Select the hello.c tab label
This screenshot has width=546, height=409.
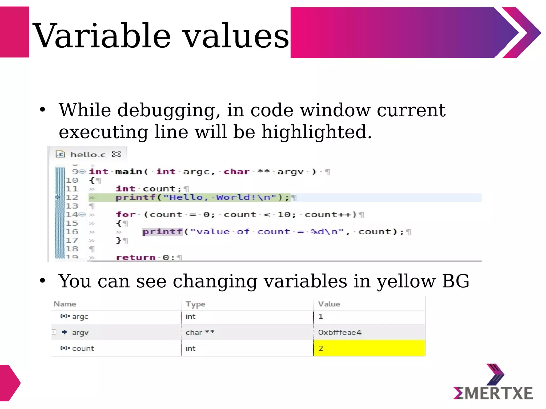point(88,154)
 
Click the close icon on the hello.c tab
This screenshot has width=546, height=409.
point(116,154)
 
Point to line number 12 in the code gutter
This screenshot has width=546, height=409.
point(72,198)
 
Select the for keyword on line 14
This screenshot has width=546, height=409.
point(126,215)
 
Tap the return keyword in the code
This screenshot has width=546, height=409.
point(136,257)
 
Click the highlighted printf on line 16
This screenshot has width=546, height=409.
point(162,232)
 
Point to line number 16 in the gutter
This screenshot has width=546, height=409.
point(72,232)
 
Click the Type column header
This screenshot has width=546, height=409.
point(195,304)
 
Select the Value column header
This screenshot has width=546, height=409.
point(329,304)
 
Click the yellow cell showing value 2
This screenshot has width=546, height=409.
point(369,348)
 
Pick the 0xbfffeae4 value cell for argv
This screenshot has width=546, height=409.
point(340,332)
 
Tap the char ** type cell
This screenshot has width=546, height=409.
point(200,332)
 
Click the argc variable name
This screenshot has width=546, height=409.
point(80,317)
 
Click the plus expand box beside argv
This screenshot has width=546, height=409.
point(54,332)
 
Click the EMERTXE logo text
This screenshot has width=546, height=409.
point(493,393)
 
